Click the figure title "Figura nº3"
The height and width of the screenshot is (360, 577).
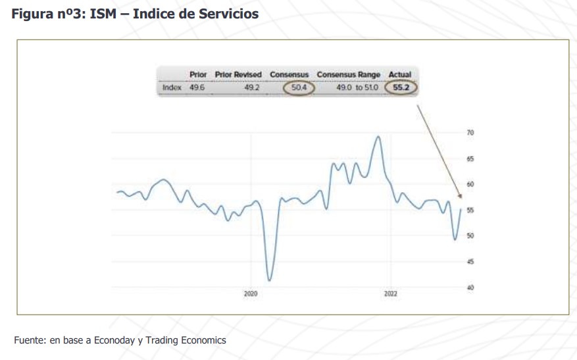pos(45,14)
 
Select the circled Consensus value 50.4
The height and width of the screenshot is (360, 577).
pos(299,88)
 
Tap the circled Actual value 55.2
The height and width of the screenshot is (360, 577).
pos(401,88)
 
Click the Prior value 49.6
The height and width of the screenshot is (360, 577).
pos(197,88)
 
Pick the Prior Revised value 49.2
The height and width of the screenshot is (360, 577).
pos(252,88)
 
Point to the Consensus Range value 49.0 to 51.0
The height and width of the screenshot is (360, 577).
pos(357,88)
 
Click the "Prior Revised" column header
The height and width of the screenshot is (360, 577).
pos(238,75)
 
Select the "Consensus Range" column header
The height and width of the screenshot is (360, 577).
pos(349,75)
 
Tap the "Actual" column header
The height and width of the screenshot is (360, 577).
pos(400,75)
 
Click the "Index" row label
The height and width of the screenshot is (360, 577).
pos(172,88)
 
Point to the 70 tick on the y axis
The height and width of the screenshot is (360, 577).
pos(470,133)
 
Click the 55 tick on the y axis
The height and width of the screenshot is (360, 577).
pos(470,210)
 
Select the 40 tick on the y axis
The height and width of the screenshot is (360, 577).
pos(470,288)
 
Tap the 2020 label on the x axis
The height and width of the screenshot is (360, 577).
pos(250,294)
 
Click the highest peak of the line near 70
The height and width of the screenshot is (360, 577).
pos(378,137)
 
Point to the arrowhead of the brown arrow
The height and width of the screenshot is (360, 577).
pos(461,197)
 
